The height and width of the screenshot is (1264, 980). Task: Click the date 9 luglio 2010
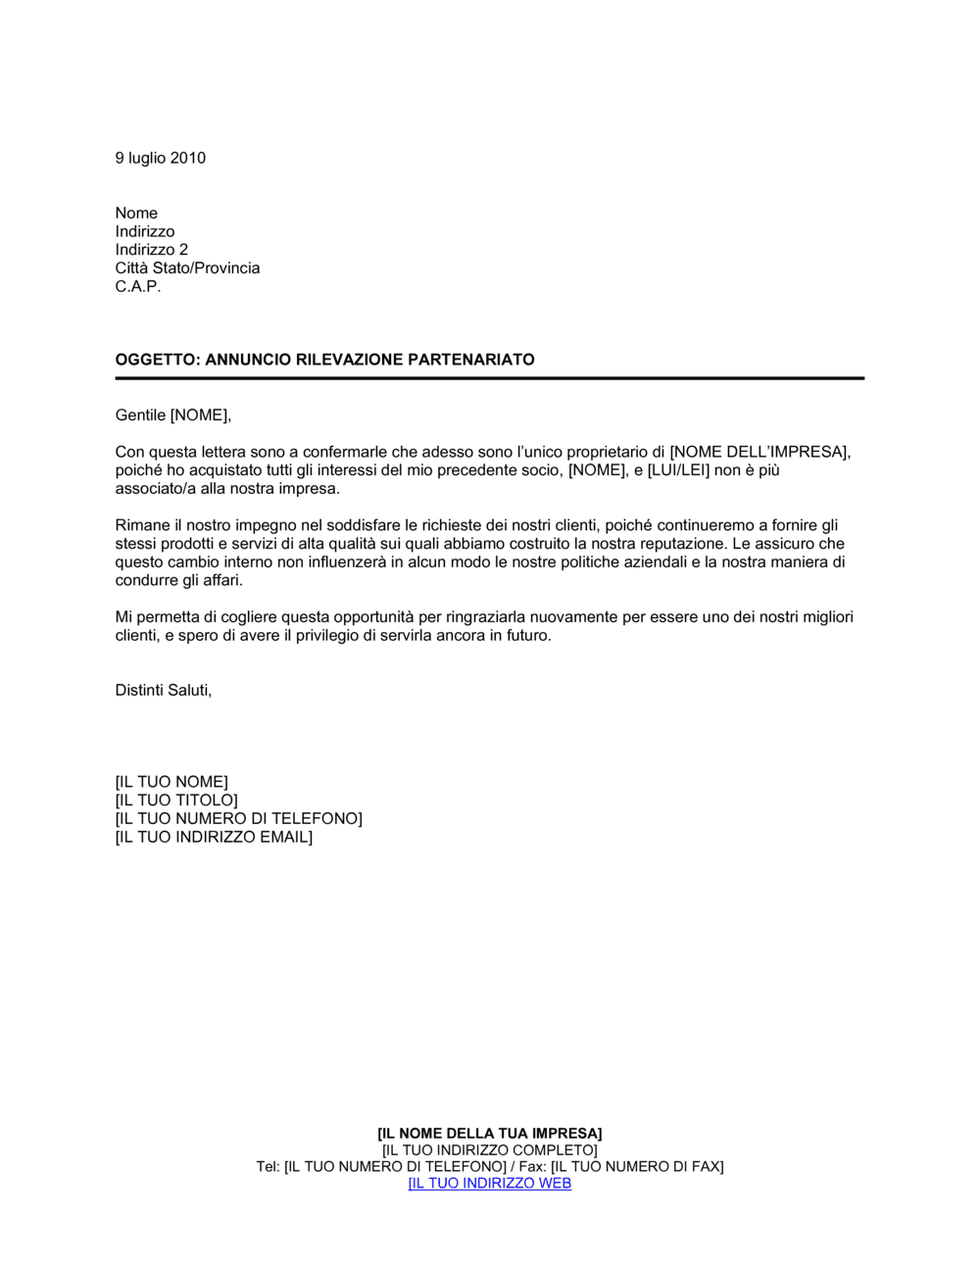[x=160, y=158]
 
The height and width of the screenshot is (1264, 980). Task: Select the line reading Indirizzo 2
[x=151, y=250]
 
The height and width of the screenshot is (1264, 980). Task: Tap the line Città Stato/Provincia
[x=187, y=268]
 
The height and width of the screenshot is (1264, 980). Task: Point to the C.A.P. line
[x=137, y=287]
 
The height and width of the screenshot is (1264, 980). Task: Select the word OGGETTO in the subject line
[x=156, y=360]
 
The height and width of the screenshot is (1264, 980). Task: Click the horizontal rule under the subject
[x=490, y=378]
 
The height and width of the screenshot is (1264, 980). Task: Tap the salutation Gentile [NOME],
[x=173, y=415]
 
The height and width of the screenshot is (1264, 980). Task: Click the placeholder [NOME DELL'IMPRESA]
[x=759, y=452]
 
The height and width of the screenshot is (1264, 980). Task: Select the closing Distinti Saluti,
[x=164, y=690]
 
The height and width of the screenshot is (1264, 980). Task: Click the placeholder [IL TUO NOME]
[x=171, y=782]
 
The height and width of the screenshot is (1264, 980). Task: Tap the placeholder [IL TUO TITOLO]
[x=176, y=801]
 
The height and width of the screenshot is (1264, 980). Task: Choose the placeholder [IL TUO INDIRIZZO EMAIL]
[x=214, y=837]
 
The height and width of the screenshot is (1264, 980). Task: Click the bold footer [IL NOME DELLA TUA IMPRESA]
[x=490, y=1134]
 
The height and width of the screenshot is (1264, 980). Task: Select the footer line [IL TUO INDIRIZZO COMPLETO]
[x=490, y=1150]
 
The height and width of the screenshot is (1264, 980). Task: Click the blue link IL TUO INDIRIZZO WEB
[x=490, y=1184]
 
